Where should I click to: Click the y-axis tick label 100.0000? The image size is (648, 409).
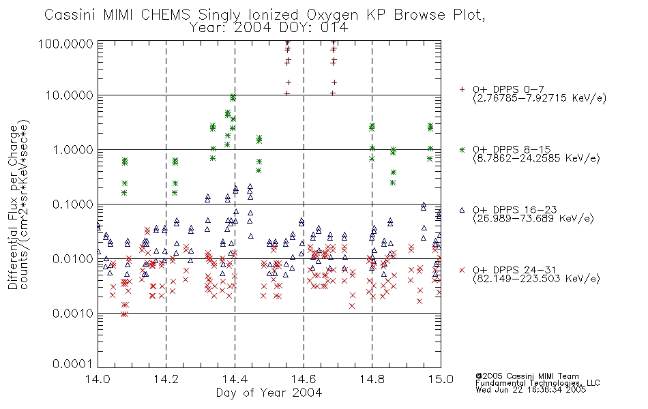[65, 44]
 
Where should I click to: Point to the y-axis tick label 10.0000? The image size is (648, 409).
[69, 95]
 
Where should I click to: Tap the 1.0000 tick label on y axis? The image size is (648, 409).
[73, 149]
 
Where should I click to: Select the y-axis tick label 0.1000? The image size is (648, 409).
[73, 204]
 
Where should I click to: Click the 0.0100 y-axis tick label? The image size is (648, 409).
[73, 258]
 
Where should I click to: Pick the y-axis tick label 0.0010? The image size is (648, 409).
[73, 313]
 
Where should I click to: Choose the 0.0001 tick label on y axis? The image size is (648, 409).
[73, 364]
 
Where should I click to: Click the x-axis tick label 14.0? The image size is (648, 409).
[98, 379]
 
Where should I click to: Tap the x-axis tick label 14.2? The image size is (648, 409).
[166, 379]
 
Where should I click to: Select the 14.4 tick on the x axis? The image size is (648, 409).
[235, 379]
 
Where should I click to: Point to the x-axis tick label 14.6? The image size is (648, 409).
[304, 379]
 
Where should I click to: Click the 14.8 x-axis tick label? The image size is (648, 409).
[372, 379]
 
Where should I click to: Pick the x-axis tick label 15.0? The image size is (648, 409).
[441, 379]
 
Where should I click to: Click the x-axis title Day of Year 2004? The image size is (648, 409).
[269, 393]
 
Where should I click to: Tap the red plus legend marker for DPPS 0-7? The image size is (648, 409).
[462, 89]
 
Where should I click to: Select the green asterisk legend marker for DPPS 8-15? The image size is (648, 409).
[462, 149]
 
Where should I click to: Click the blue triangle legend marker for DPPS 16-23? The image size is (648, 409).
[462, 210]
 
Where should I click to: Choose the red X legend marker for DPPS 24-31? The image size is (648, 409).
[462, 270]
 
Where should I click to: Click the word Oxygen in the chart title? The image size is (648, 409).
[332, 15]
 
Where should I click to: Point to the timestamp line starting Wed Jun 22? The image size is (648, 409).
[531, 390]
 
